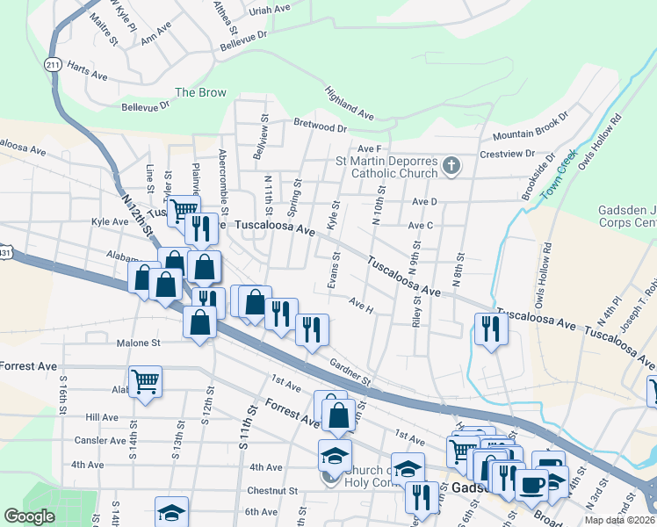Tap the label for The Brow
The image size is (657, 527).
pos(200,92)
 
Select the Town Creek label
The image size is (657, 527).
pos(556,177)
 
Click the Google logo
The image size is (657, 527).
pos(29,516)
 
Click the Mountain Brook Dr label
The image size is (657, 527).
pos(531,127)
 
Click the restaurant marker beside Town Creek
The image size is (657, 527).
pos(490,329)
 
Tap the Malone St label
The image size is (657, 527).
pos(136,343)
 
